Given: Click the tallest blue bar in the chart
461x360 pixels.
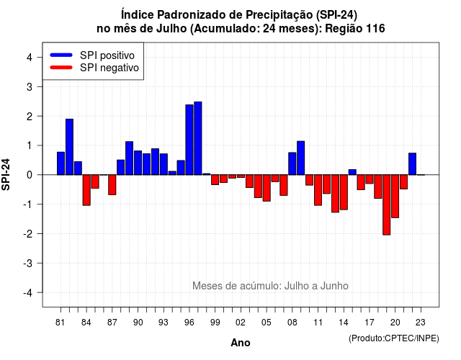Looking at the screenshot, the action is pos(198,138).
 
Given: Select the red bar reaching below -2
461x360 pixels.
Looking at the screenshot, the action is pos(386,204).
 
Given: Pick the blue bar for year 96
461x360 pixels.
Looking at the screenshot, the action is pos(189,140).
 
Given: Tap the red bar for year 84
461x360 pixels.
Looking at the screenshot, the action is pos(86,190).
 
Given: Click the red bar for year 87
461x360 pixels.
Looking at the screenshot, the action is pos(112,184).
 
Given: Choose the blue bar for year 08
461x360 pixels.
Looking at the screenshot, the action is pos(292,163).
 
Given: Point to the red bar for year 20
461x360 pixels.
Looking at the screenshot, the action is pos(395,196).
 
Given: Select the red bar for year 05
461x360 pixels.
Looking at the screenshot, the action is pos(267,188).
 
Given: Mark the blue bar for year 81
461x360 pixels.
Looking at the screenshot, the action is pos(61,163).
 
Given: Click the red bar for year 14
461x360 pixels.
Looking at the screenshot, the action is pos(344,192).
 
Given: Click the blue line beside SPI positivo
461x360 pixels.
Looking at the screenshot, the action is pos(61,55).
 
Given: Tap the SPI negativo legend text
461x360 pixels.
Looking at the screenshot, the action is pos(109,68).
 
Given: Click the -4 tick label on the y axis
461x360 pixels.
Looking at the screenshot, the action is pos(28,293).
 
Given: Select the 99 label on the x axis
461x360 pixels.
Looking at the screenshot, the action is pos(215,323).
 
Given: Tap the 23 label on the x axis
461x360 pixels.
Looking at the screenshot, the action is pos(421,323).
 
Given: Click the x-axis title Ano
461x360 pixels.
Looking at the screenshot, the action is pos(241,343).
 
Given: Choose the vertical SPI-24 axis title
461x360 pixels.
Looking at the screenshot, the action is pos(6,174).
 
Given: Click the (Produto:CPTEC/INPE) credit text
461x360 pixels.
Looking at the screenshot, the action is pos(394,338).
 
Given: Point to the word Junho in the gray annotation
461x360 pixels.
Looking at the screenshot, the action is pos(334,286).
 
